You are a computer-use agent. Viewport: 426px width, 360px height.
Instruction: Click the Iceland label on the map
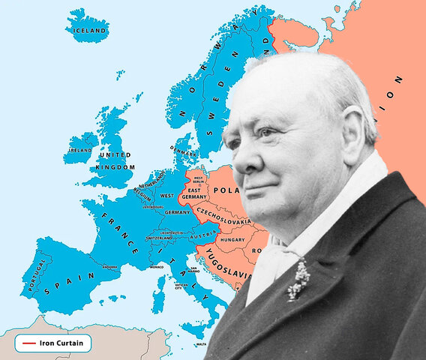[88, 30]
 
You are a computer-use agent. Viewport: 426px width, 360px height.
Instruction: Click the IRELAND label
[80, 149]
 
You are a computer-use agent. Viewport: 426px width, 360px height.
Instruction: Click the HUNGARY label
[232, 239]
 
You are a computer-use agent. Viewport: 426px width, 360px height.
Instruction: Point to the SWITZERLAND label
[159, 238]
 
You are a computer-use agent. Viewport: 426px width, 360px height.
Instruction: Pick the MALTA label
[200, 344]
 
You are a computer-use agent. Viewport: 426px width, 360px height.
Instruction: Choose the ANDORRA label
[109, 265]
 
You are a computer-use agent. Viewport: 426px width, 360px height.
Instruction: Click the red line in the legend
[30, 343]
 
